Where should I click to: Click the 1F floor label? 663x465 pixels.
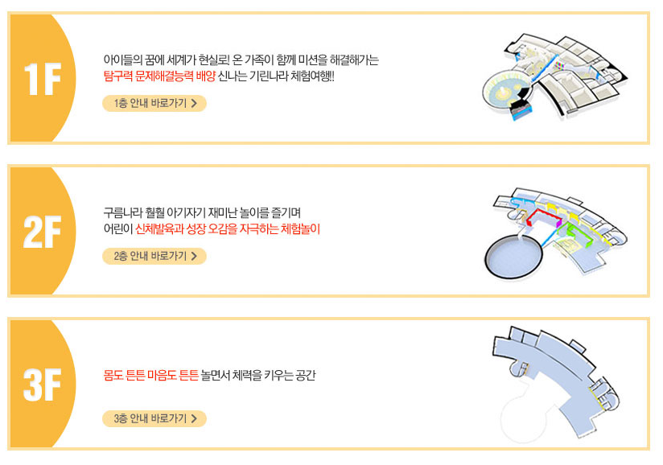[43, 79]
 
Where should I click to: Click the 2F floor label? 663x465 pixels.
[43, 232]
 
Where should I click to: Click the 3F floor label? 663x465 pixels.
[43, 385]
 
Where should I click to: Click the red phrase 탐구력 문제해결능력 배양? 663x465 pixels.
[159, 76]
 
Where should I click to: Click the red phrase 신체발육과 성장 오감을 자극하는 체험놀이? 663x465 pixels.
[227, 228]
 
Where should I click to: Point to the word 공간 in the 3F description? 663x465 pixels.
[305, 375]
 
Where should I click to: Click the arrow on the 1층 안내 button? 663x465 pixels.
[194, 103]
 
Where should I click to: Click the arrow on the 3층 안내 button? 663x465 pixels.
[194, 418]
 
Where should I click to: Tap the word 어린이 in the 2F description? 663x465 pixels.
[117, 228]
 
